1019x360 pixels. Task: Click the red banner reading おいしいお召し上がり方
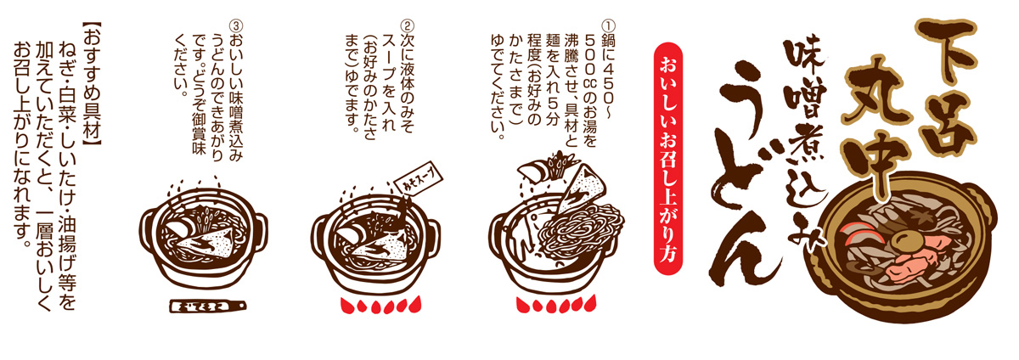coord(667,159)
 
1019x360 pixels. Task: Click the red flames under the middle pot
coord(381,304)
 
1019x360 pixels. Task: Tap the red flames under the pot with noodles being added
coord(556,304)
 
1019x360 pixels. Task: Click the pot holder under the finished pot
coord(207,306)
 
